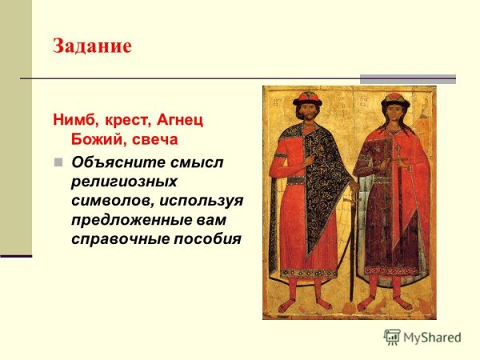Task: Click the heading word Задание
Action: (x=92, y=46)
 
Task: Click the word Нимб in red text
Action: (x=74, y=121)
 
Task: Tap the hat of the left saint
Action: (x=306, y=99)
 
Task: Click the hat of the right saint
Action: (x=394, y=101)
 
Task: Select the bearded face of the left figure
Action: (x=307, y=115)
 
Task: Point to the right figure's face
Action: (x=394, y=115)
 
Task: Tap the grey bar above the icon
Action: (x=407, y=79)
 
